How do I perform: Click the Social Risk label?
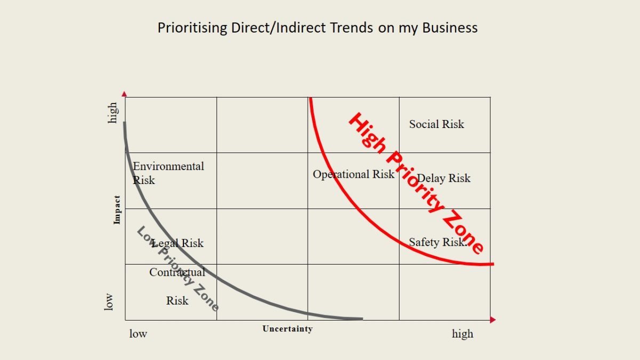coord(436,124)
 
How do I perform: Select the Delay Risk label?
coord(444,178)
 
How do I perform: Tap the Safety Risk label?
coord(437,242)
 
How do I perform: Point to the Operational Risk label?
coord(354,174)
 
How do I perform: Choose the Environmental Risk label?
coord(168,173)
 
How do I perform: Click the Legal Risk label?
coord(178,243)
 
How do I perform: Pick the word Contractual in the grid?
coord(177,272)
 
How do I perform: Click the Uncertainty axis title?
coord(287,329)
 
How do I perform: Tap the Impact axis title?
coord(117,209)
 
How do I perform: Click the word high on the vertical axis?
coord(112,113)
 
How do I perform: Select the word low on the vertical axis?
coord(109,301)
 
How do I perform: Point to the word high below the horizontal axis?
coord(462,334)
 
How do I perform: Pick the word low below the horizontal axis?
coord(138,334)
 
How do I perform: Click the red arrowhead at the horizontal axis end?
coord(493,320)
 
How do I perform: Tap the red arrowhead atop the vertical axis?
coord(125,94)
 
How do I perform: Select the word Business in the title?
coord(450,28)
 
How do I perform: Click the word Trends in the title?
coord(353,28)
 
